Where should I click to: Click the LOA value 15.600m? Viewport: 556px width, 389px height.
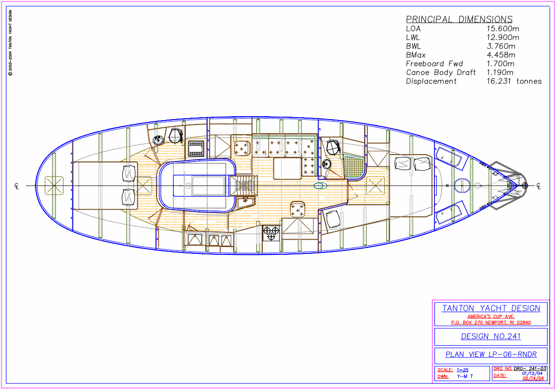[503, 29]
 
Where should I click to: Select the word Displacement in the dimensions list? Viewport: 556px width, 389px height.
[431, 81]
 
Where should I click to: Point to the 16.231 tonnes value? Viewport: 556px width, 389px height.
[514, 81]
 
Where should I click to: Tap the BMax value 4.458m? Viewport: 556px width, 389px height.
[501, 55]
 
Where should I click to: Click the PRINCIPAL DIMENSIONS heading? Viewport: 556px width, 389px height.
[459, 19]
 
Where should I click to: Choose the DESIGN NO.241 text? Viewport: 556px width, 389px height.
[491, 336]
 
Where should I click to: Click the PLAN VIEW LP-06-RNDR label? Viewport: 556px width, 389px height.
[491, 354]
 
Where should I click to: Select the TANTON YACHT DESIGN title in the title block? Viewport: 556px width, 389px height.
[491, 308]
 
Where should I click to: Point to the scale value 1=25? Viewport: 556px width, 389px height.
[463, 370]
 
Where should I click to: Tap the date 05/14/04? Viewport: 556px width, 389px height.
[533, 378]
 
